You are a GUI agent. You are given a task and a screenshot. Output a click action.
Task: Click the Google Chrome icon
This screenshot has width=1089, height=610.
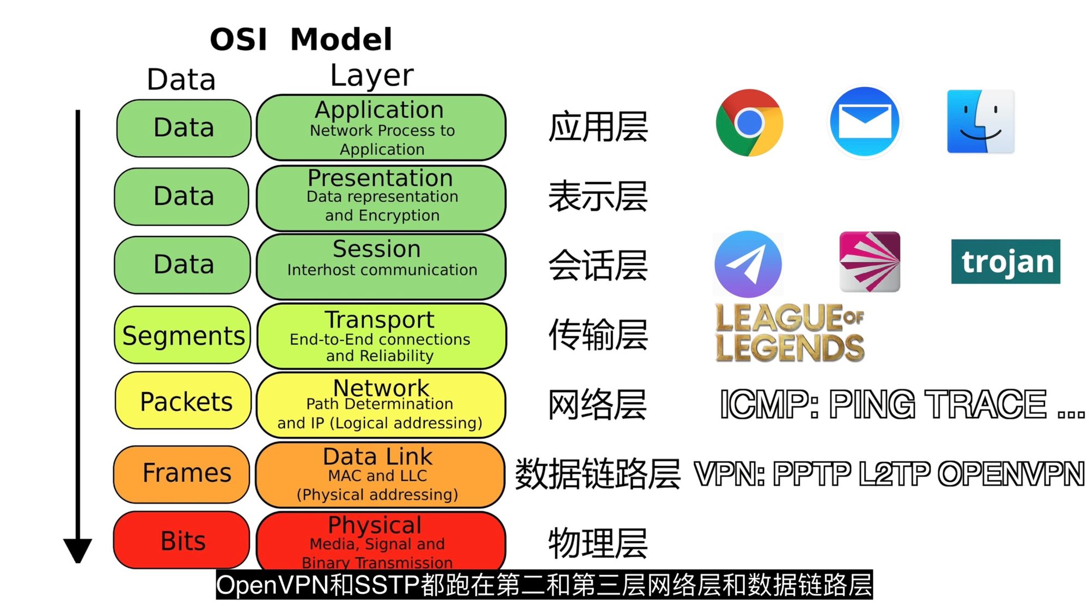749,123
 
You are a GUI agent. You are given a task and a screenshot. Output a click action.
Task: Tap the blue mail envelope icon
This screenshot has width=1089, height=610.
865,122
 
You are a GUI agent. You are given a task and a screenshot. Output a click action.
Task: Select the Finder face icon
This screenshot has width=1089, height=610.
980,122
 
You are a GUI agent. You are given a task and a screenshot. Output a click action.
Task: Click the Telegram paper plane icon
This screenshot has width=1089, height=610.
748,264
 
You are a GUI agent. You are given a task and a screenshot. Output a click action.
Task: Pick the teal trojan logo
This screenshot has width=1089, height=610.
1005,262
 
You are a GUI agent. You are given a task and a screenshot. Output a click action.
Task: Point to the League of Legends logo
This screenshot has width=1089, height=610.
790,333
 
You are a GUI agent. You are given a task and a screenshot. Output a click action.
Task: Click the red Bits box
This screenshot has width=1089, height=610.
182,540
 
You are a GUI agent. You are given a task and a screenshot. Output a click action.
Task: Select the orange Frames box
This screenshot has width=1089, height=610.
182,473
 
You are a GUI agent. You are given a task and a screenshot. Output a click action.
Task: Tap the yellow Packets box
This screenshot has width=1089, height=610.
183,401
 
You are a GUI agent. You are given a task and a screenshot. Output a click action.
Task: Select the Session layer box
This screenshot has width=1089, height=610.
381,265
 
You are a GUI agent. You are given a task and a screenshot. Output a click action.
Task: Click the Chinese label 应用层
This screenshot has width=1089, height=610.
598,127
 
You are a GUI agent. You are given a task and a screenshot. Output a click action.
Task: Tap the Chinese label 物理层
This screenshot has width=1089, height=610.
598,543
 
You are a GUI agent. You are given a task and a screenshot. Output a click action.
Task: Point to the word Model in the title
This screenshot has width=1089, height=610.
341,39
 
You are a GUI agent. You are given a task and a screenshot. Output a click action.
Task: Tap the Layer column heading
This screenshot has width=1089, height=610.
372,75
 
